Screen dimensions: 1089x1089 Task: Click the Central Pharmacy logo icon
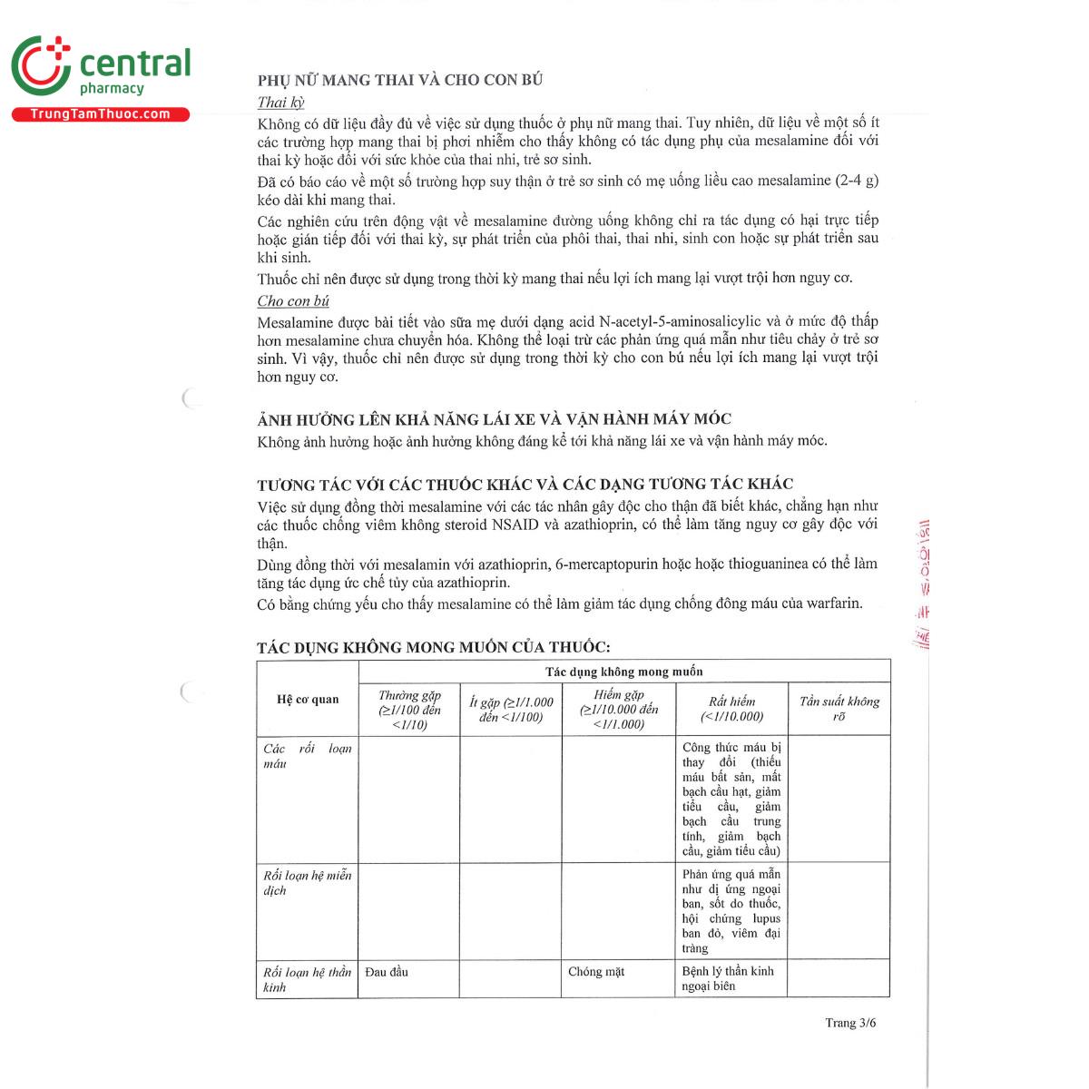(x=41, y=66)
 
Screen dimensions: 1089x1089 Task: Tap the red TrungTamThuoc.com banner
(x=100, y=114)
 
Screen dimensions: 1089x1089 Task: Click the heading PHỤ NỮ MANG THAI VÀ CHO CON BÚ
(x=400, y=80)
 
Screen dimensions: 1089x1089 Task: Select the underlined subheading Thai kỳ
(x=280, y=103)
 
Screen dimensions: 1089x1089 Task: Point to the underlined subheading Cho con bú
(x=293, y=301)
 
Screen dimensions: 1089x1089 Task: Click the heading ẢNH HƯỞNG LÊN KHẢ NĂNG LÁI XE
(x=494, y=419)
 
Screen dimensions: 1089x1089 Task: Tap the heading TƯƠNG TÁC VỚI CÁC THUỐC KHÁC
(x=525, y=485)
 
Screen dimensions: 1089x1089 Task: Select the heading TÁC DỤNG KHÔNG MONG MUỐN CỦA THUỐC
(x=433, y=647)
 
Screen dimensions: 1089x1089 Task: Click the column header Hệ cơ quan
(x=308, y=700)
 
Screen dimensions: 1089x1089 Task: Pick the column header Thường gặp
(x=409, y=710)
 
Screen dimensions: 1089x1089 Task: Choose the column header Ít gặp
(x=511, y=710)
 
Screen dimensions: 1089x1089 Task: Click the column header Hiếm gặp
(x=619, y=710)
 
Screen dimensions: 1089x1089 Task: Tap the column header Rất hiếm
(x=731, y=709)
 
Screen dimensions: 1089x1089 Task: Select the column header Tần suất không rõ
(x=839, y=709)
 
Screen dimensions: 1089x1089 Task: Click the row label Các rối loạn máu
(x=307, y=756)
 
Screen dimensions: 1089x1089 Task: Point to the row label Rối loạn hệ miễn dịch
(x=307, y=883)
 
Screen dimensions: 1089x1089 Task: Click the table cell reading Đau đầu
(x=387, y=972)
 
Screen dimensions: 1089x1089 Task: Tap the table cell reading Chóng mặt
(x=596, y=972)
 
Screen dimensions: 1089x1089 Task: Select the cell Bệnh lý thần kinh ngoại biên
(x=728, y=978)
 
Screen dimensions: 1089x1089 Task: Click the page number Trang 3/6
(x=850, y=1023)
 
